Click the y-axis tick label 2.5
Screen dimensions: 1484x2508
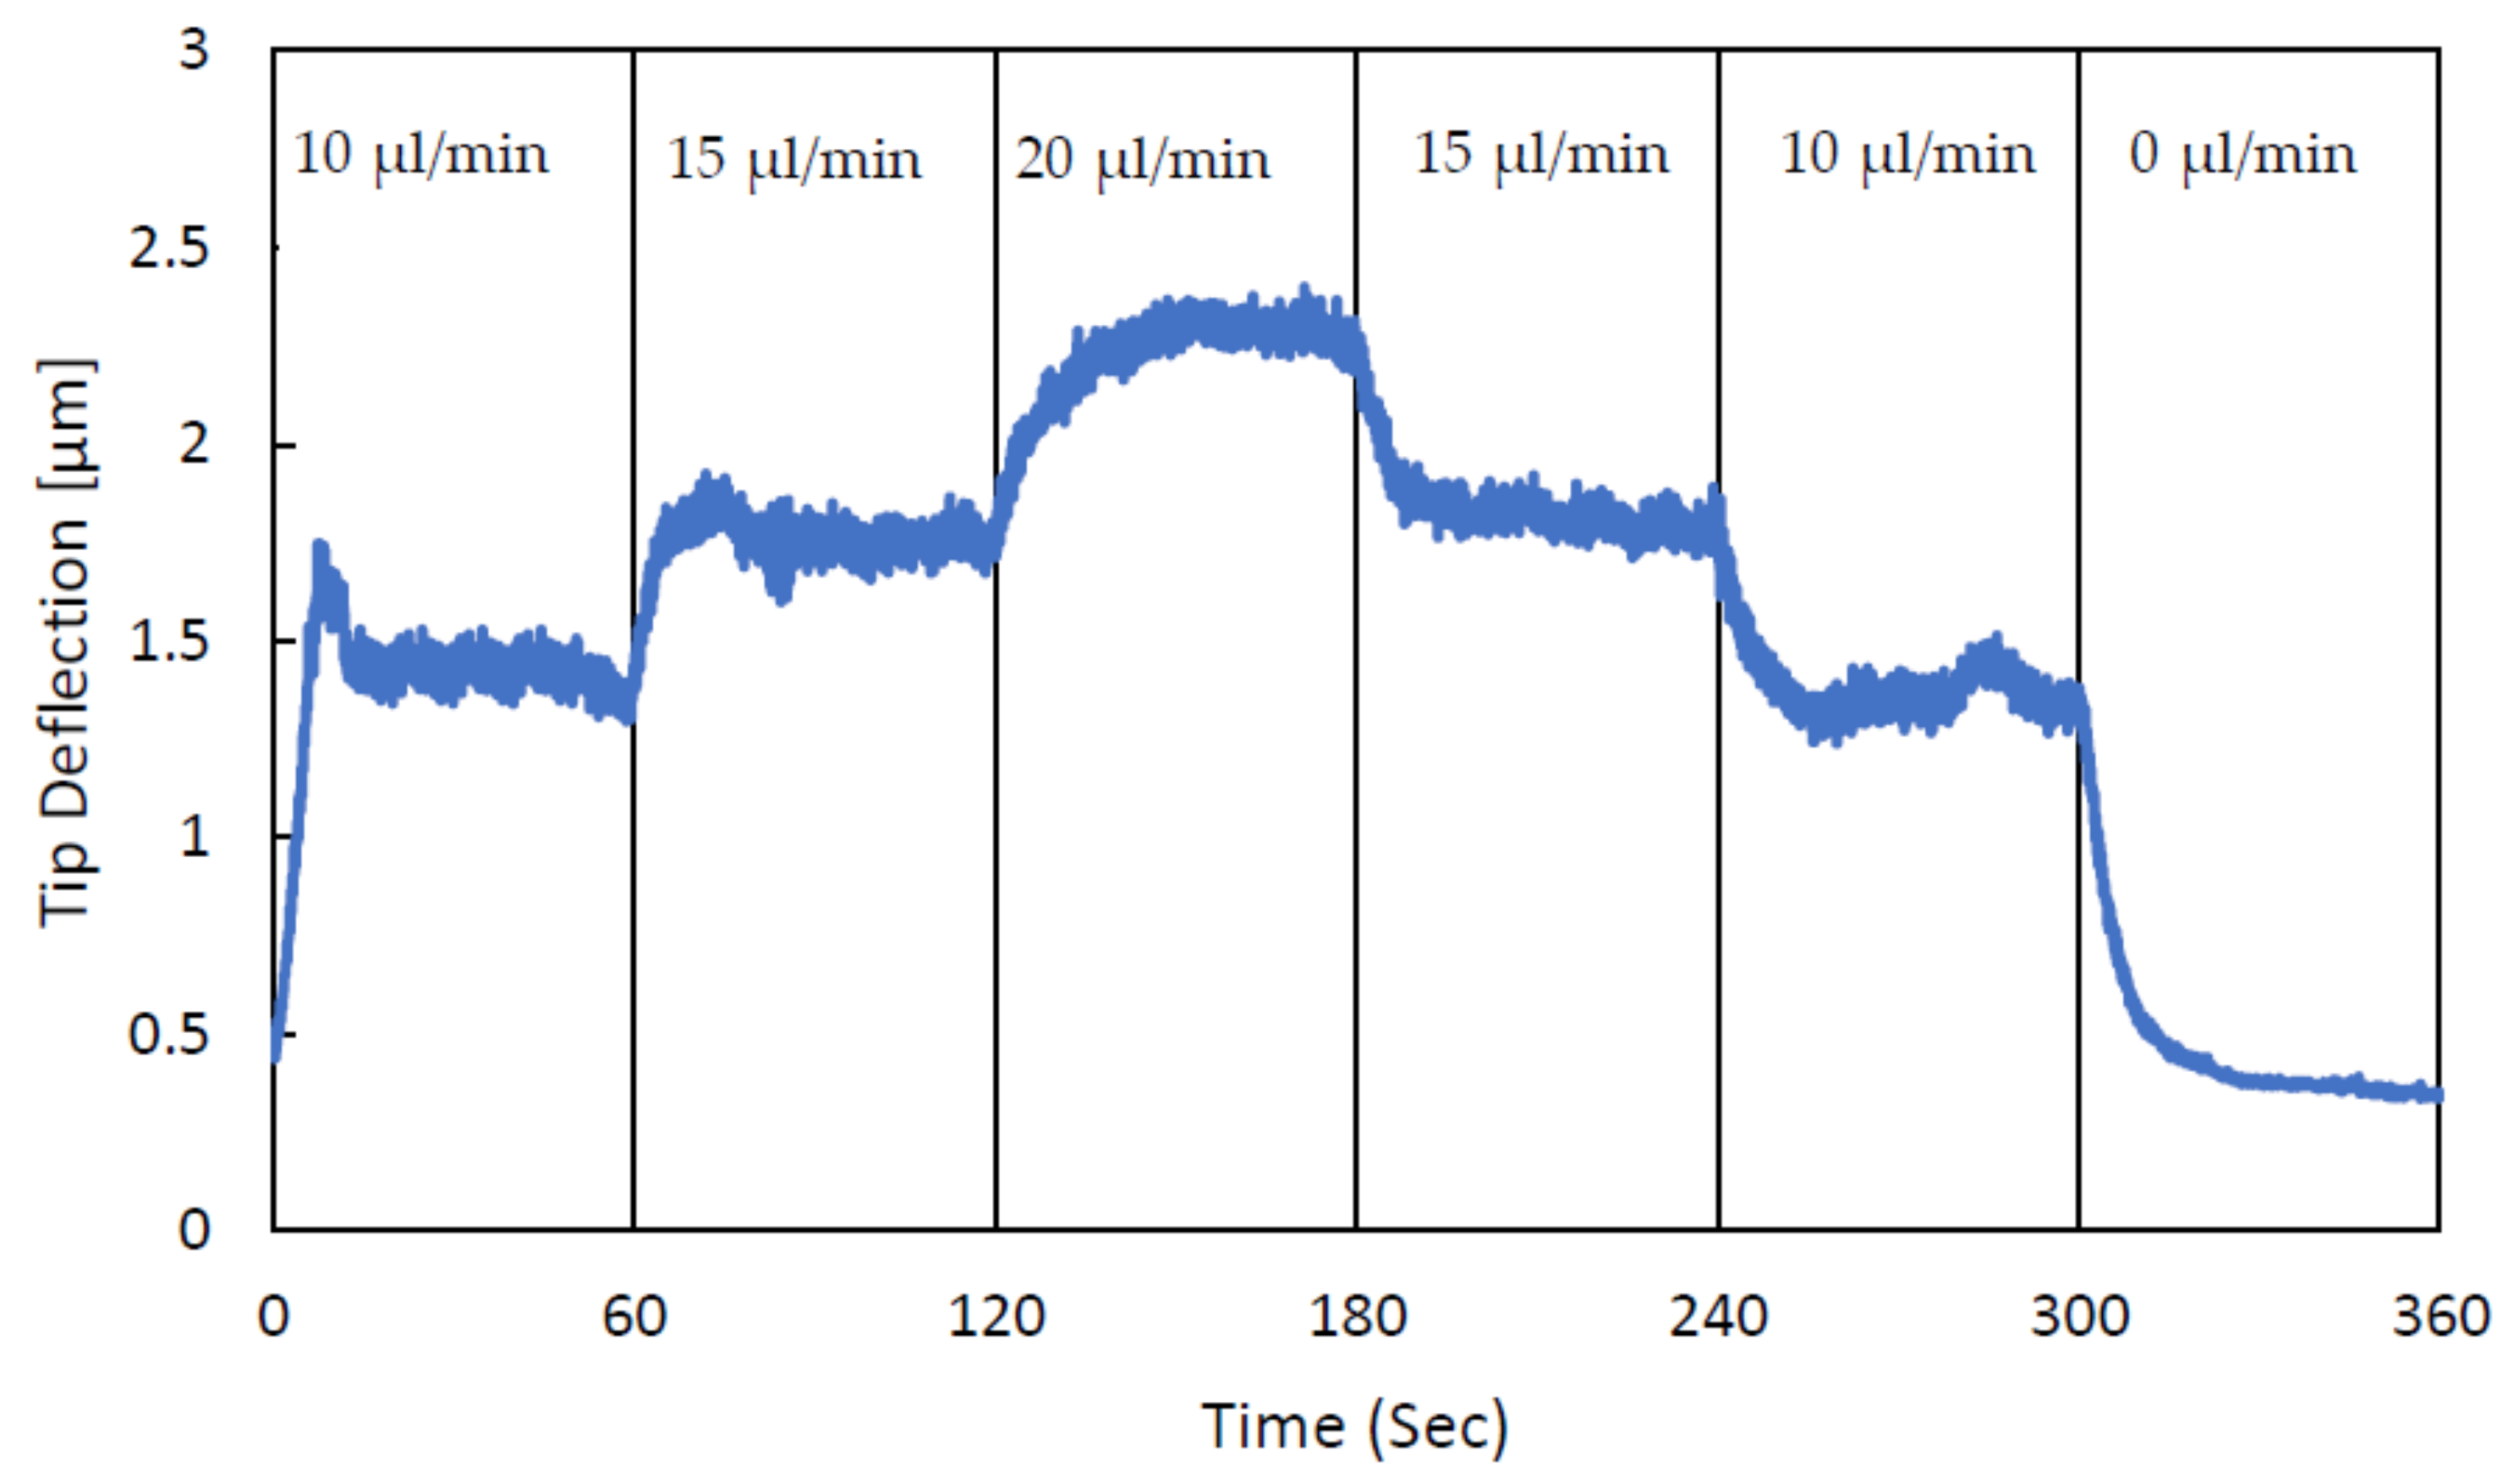[x=169, y=247]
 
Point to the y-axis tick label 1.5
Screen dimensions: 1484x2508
[x=169, y=641]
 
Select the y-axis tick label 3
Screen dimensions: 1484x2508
[x=194, y=48]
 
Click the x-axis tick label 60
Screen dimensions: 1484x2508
[x=633, y=1316]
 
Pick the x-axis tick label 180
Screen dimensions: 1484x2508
[x=1357, y=1316]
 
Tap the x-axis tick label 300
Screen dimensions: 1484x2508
[x=2079, y=1316]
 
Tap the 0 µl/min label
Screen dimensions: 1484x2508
[x=2242, y=156]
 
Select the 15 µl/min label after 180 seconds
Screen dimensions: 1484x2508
[x=1540, y=156]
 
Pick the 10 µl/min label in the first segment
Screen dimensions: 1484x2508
[x=421, y=156]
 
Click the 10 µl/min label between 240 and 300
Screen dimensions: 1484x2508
[x=1907, y=156]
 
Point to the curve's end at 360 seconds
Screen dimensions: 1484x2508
[x=2437, y=1095]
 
